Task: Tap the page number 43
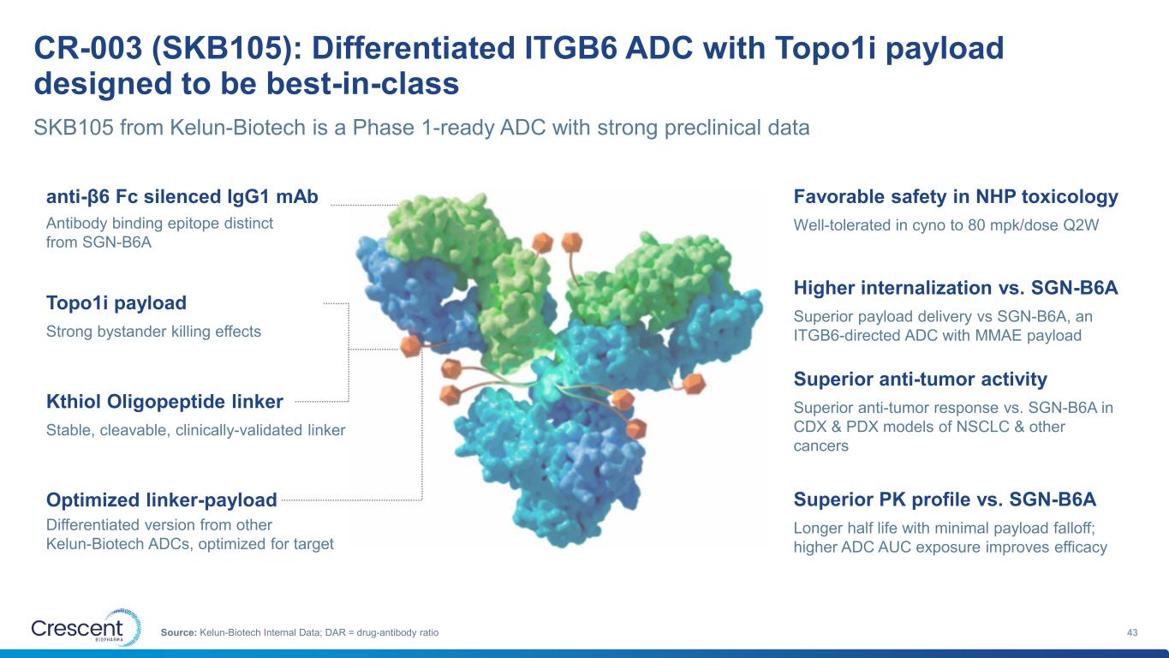(1132, 632)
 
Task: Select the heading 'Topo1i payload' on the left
(116, 303)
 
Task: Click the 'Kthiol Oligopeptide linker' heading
(164, 402)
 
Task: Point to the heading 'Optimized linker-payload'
(161, 499)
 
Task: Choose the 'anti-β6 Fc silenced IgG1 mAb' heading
(182, 197)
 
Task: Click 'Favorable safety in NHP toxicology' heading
(956, 197)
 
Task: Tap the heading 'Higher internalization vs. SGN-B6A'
(956, 288)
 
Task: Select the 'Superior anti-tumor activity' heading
(920, 380)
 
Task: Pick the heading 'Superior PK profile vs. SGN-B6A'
(945, 499)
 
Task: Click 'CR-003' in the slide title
(88, 48)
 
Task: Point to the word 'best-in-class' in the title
(363, 84)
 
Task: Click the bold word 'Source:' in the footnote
(178, 632)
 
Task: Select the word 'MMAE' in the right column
(996, 335)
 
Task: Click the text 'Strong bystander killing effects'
(153, 332)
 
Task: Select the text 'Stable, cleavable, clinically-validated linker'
(196, 430)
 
